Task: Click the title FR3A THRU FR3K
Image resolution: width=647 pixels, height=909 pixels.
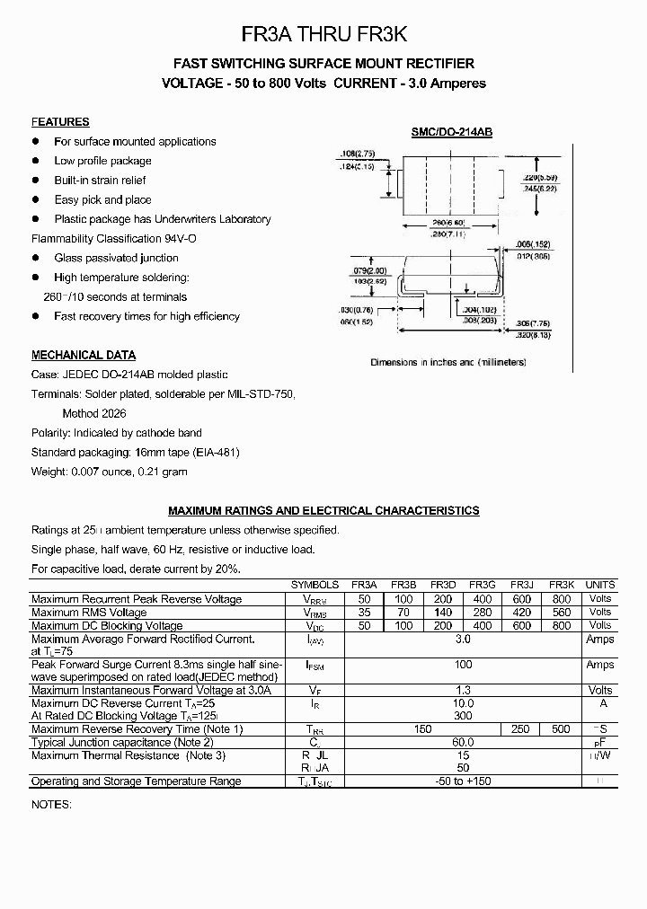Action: coord(324,34)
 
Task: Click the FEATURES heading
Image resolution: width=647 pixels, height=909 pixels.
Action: coord(60,122)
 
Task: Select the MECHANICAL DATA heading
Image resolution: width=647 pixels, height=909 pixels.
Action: coord(84,355)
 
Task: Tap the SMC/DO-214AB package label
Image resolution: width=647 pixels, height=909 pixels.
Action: coord(452,132)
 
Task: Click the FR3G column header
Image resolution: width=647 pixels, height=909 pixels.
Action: coord(482,585)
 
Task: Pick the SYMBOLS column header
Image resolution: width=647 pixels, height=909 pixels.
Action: coord(315,585)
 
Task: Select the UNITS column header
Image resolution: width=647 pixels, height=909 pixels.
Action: coord(599,585)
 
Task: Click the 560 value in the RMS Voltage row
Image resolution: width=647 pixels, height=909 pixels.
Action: coord(561,613)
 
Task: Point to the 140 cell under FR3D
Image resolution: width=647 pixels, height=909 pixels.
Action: coord(442,613)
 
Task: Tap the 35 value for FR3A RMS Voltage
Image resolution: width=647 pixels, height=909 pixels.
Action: coord(364,613)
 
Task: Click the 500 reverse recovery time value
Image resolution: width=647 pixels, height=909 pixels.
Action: coord(561,729)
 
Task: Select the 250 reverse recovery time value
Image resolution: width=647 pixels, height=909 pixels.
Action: coord(520,729)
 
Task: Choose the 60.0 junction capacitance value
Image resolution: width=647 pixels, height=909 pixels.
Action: coord(463,743)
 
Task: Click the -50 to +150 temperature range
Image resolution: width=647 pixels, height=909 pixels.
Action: coord(463,781)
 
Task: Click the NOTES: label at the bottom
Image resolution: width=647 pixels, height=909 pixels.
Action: coord(51,804)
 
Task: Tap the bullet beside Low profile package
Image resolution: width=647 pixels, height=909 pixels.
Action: coord(37,161)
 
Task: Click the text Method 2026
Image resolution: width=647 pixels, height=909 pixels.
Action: coord(94,413)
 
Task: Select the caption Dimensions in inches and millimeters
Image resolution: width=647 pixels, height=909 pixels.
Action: coord(448,362)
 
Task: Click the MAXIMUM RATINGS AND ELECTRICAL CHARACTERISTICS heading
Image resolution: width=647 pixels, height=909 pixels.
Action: coord(323,510)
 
